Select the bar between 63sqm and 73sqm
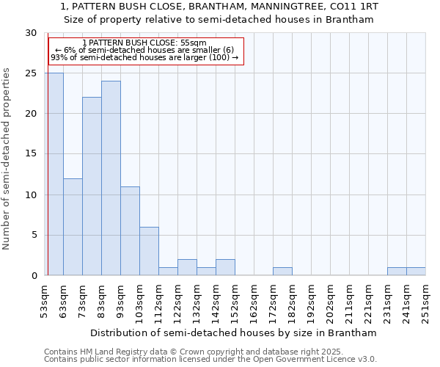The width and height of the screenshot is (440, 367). coord(73,227)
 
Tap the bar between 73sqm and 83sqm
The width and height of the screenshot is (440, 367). coord(92,186)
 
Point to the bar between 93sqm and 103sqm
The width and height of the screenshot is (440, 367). coord(130,231)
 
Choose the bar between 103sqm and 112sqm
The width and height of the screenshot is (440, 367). coord(149,251)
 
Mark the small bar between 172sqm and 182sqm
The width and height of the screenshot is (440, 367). coord(282,272)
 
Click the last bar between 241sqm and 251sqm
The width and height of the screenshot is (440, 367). coord(416,272)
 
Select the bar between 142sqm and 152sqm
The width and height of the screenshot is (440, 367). coord(225,267)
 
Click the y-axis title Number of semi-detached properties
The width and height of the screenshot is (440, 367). coord(7,159)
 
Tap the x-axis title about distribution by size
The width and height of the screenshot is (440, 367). coord(235,333)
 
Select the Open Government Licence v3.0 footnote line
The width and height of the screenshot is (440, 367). coord(210,360)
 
